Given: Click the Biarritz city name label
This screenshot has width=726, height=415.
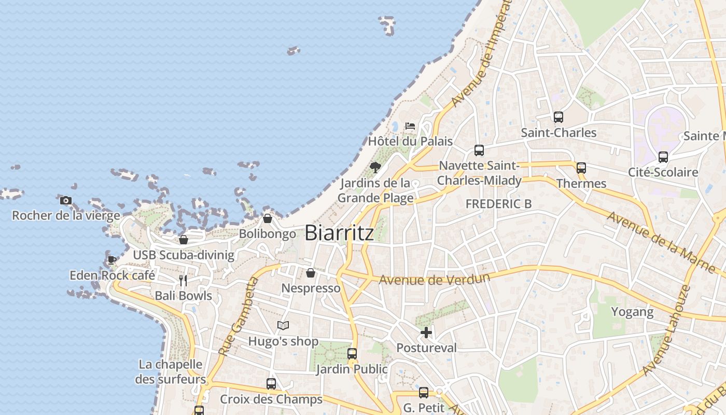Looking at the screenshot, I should pyautogui.click(x=339, y=233).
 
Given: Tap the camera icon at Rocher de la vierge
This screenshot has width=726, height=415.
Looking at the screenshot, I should pyautogui.click(x=66, y=200).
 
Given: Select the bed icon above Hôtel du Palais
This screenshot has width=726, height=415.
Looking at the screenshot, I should pyautogui.click(x=410, y=126).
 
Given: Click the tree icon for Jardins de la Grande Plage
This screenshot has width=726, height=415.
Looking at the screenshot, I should pyautogui.click(x=375, y=168).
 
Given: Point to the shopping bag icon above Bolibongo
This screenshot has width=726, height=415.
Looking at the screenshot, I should pyautogui.click(x=268, y=218).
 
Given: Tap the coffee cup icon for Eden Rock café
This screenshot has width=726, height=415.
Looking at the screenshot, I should pyautogui.click(x=112, y=260).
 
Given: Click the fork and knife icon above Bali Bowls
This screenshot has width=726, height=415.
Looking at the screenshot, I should pyautogui.click(x=183, y=281).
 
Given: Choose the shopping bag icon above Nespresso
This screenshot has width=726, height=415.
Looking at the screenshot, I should pyautogui.click(x=311, y=273).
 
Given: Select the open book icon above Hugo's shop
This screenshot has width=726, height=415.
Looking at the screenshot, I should pyautogui.click(x=283, y=326).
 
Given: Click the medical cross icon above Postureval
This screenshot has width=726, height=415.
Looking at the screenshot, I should pyautogui.click(x=426, y=333).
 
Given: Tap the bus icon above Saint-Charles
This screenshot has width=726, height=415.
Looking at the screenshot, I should pyautogui.click(x=558, y=117).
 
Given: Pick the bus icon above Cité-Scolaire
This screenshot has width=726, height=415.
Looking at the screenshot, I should pyautogui.click(x=663, y=157).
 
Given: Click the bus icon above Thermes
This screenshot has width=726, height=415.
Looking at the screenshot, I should pyautogui.click(x=581, y=168).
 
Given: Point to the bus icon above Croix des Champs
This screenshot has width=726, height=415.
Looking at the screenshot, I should pyautogui.click(x=271, y=384).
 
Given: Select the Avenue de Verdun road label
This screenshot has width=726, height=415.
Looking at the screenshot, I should pyautogui.click(x=435, y=280).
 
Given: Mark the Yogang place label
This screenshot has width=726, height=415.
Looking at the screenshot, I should pyautogui.click(x=632, y=312).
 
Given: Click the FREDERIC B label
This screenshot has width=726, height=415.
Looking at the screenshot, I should pyautogui.click(x=498, y=204).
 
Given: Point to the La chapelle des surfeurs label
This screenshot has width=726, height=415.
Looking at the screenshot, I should pyautogui.click(x=171, y=372).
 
